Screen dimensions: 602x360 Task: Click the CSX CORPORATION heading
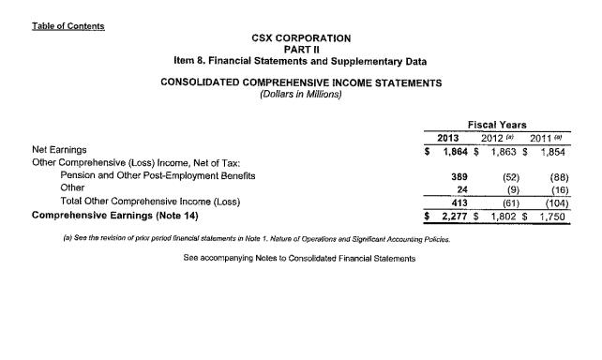point(301,38)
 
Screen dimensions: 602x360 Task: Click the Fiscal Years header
point(496,125)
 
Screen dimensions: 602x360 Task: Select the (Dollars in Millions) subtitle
point(301,93)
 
